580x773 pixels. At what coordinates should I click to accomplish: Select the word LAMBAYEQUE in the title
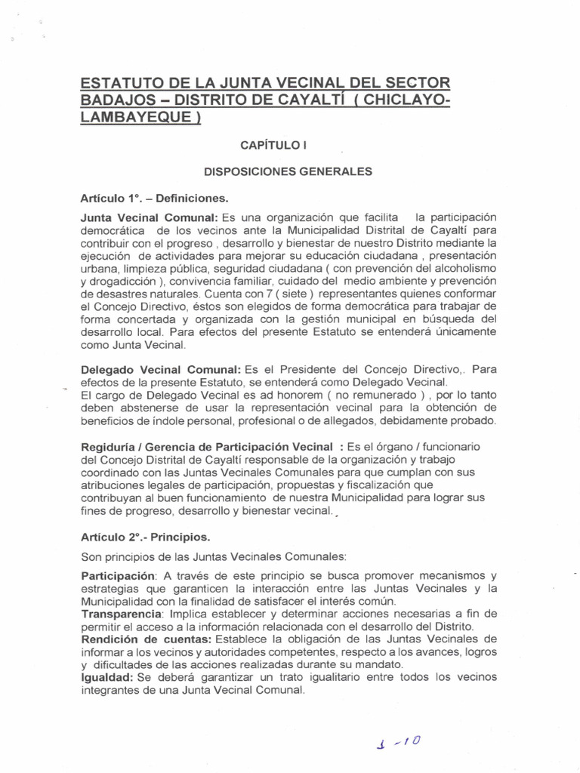140,120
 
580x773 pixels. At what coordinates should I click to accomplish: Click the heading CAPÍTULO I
272,143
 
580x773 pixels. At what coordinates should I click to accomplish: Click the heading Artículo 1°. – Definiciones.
154,198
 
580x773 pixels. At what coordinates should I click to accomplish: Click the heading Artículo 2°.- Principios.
145,537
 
